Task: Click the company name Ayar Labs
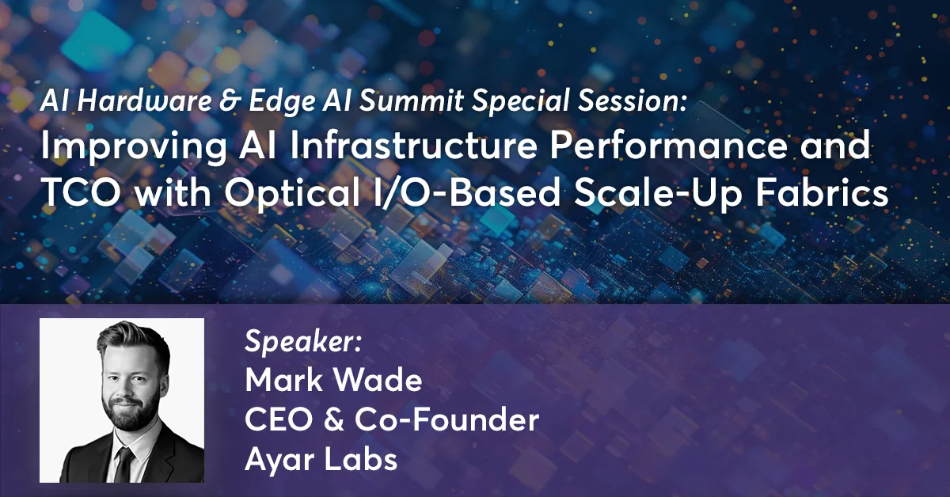[321, 460]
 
